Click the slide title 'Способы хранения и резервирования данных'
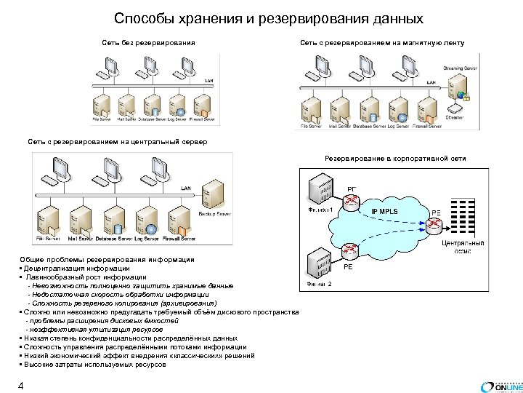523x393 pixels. (269, 18)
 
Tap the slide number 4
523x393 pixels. (22, 386)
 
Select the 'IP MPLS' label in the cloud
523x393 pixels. (385, 212)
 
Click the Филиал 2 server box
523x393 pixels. (320, 262)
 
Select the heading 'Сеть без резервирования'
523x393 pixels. (148, 43)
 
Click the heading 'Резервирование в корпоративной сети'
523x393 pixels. (395, 158)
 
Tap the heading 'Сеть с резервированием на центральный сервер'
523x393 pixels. (117, 142)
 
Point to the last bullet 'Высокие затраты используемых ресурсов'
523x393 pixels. (95, 364)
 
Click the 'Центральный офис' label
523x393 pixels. (464, 247)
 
